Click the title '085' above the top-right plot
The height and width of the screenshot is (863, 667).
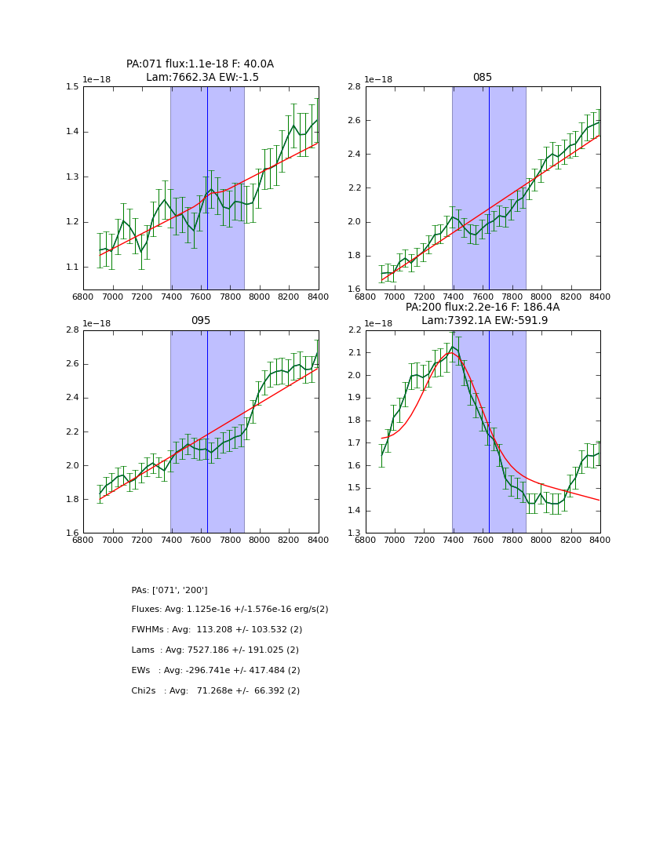pos(482,78)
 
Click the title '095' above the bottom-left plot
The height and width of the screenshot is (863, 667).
pos(200,321)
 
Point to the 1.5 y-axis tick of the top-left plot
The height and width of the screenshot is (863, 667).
pos(72,87)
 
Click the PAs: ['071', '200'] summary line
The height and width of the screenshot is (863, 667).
pos(169,590)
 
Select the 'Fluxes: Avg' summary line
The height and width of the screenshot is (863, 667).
pos(230,610)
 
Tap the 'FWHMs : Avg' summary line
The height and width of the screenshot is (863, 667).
pos(217,630)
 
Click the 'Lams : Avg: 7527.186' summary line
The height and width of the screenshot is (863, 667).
pos(215,650)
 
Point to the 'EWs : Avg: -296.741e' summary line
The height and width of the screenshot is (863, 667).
pos(216,671)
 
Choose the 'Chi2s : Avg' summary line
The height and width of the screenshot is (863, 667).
pos(216,691)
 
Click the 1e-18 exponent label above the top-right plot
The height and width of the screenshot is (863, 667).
pos(379,79)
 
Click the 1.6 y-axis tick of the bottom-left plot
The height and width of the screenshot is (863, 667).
pos(72,533)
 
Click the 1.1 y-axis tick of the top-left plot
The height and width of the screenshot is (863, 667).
pos(72,268)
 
